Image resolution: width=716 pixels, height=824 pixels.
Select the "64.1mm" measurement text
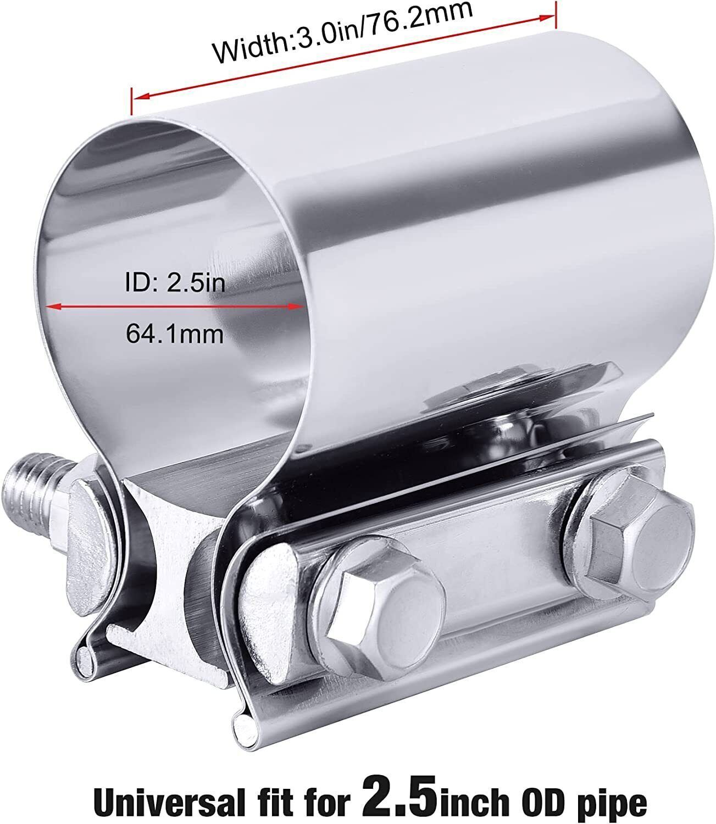click(x=175, y=333)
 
